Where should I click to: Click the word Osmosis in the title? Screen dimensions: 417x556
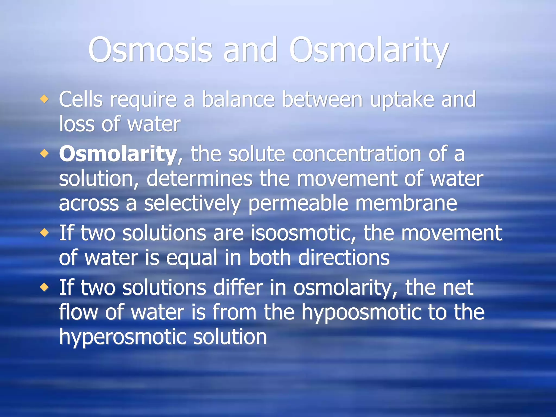coord(150,50)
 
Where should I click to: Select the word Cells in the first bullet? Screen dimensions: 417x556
coord(81,99)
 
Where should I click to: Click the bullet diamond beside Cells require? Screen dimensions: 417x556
coord(44,99)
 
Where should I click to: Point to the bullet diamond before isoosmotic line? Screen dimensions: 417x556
coord(44,233)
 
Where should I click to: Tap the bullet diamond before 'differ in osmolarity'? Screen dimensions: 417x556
coord(44,287)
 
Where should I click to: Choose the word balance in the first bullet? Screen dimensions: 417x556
coord(238,99)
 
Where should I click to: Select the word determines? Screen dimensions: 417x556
coord(200,179)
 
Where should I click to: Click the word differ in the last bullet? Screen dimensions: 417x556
coord(238,287)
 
